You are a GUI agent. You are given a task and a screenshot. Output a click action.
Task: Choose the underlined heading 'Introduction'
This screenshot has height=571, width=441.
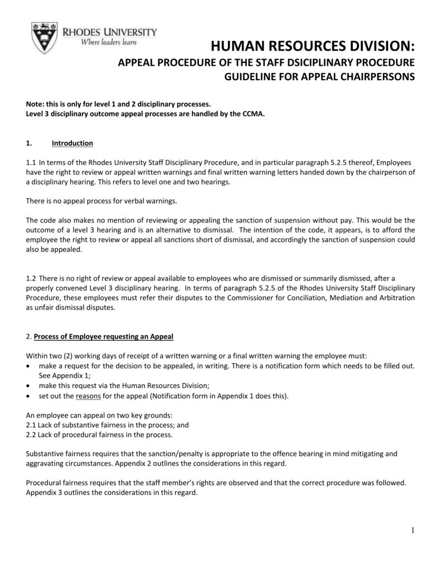pos(72,143)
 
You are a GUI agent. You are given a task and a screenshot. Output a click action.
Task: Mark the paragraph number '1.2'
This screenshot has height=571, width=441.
pos(31,278)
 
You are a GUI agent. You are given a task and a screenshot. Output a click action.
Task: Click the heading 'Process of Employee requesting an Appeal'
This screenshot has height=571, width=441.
pos(104,336)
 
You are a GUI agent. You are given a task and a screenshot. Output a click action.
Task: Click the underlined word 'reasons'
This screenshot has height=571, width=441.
pos(88,396)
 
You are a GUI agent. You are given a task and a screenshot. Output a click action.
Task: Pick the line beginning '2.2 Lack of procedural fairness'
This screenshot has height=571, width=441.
pos(99,434)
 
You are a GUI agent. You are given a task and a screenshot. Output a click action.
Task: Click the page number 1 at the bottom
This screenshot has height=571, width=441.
pos(413,530)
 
